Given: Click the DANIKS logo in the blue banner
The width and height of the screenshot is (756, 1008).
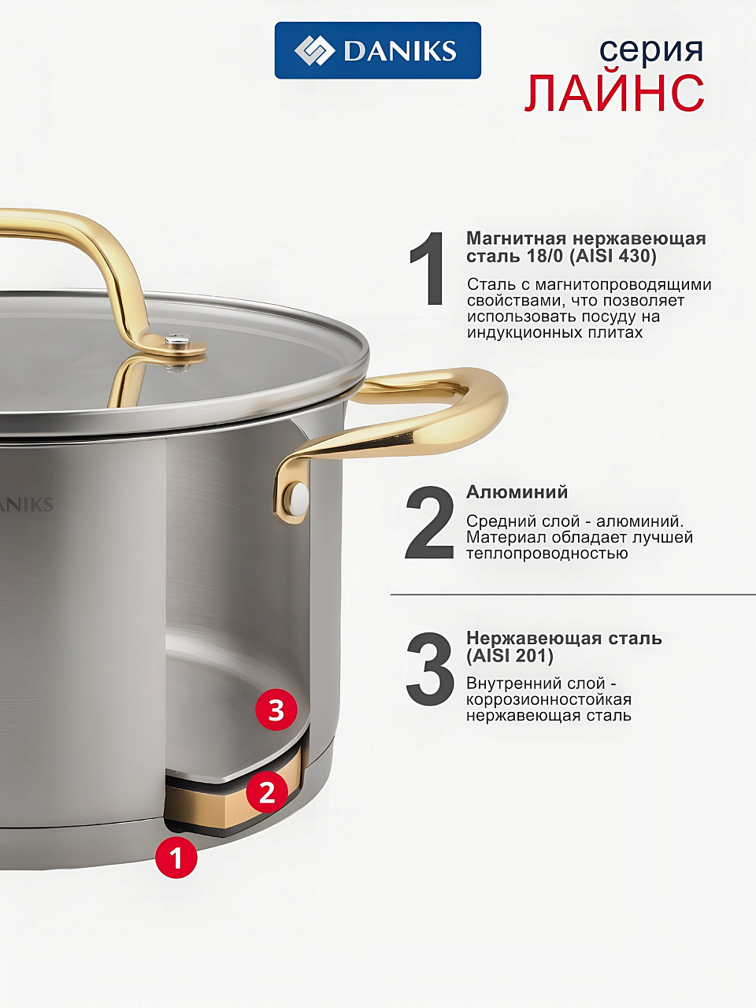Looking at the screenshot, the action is coord(377,50).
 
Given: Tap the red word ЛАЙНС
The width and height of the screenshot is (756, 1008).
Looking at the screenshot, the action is coord(614,93).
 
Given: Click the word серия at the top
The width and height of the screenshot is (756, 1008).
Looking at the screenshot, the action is coord(651,52).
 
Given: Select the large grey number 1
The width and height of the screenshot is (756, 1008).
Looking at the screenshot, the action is coord(428,269).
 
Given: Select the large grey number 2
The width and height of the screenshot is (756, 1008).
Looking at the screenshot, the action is coord(429,523).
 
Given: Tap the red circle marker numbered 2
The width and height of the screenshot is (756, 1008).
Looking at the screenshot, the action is coord(267,791).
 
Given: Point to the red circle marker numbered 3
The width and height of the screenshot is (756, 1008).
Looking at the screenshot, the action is coord(276,710).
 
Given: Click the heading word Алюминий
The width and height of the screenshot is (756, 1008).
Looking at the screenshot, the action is coord(517,492).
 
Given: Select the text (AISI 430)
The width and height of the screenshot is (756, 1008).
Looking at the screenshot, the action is coord(613,256).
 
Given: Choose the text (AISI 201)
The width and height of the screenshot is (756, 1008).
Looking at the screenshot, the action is coord(510,656).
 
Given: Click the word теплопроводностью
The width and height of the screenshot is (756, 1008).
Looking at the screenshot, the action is coord(547,554).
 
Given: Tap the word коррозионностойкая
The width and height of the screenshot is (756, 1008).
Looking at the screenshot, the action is coord(549,699).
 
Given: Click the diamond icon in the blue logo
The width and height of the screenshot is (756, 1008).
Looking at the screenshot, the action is coord(314,50).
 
